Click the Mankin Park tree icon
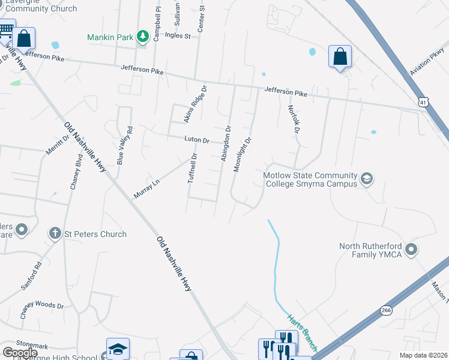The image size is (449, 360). (142, 37)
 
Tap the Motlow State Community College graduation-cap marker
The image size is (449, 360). (366, 178)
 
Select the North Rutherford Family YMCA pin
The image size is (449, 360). (411, 248)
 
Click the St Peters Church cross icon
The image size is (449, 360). (55, 233)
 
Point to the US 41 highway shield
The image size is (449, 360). (424, 103)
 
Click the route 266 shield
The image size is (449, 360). (386, 310)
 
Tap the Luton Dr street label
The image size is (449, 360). (197, 140)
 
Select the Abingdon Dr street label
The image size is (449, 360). (226, 143)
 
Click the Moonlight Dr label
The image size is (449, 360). (241, 154)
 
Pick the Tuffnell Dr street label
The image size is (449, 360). (193, 169)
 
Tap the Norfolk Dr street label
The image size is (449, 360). (293, 119)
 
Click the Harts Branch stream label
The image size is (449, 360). (298, 326)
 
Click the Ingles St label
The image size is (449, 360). (178, 36)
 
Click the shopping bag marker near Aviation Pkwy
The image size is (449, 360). (340, 57)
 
